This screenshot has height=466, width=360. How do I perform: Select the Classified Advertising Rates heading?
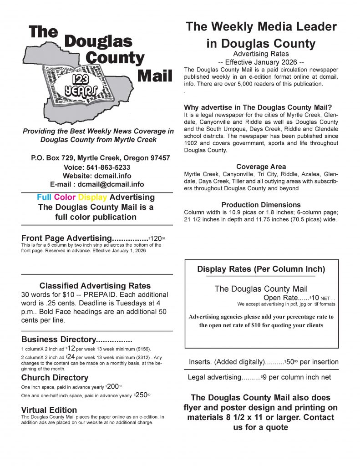tap(95, 286)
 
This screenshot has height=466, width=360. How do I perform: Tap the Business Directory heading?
tap(76, 339)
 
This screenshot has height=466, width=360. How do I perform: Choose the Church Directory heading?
tap(55, 377)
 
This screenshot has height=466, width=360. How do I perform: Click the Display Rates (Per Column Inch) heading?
tap(261, 269)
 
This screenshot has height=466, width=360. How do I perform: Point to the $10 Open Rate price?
tap(314, 298)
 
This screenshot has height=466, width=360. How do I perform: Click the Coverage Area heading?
tap(261, 167)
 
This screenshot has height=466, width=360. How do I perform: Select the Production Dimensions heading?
tap(261, 205)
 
